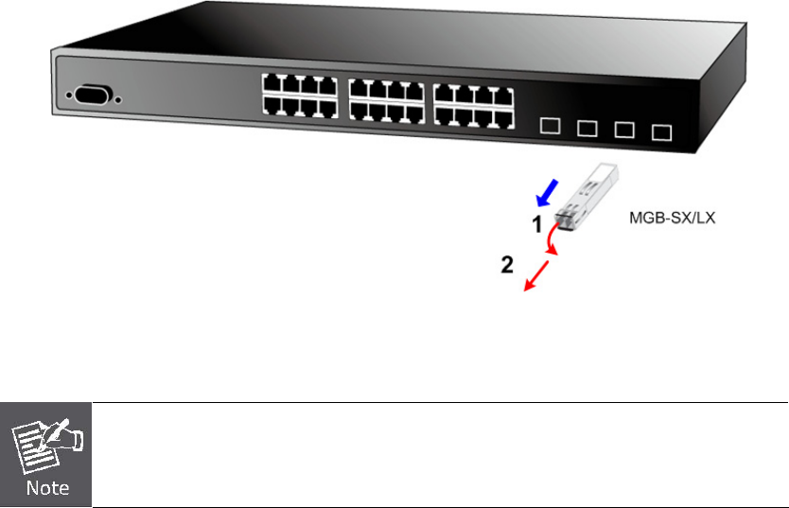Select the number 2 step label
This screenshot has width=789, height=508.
[x=507, y=267]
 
